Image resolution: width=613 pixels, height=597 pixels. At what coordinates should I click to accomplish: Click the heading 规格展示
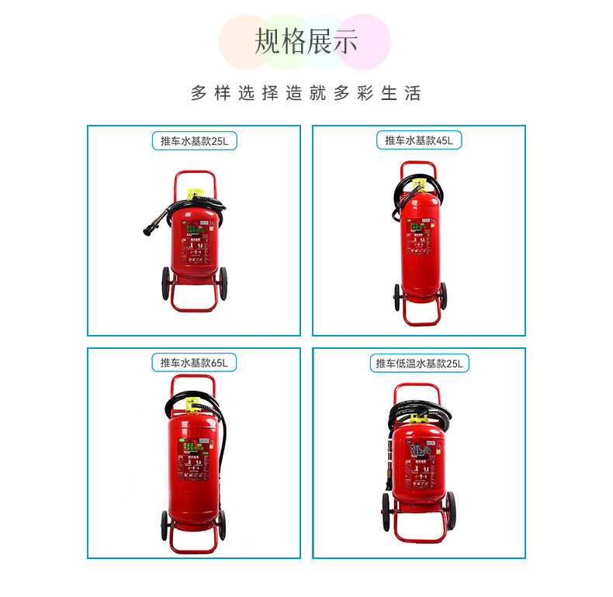coord(306,42)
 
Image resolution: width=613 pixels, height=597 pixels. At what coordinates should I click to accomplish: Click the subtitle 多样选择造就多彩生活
coord(306,94)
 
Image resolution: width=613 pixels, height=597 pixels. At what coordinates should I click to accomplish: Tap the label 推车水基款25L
coord(194,141)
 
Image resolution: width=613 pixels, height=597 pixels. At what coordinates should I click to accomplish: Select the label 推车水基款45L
coord(418,140)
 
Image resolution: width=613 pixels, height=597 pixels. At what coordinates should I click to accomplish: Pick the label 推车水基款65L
coord(194,362)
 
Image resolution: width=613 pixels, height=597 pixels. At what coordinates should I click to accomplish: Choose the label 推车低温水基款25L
coord(418,363)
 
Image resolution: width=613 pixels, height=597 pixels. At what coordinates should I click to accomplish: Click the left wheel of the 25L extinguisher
coord(165,284)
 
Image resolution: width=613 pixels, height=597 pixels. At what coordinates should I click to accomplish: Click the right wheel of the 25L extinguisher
coord(223,284)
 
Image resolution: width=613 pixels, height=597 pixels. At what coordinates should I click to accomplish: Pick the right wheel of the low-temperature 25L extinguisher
coord(451,508)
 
